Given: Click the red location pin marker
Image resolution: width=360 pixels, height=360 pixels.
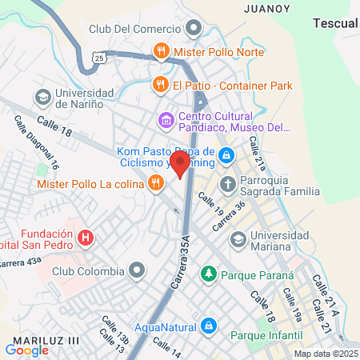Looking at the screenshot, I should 180,164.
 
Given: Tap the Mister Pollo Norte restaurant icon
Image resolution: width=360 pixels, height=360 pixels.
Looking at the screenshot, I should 162,51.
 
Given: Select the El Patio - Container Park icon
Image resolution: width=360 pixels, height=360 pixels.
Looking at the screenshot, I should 160,85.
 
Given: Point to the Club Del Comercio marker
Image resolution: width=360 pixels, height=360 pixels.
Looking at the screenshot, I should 193,30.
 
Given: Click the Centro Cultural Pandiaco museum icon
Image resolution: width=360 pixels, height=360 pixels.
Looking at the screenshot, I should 166,120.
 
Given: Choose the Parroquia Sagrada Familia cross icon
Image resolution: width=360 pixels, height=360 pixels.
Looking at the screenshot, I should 227,183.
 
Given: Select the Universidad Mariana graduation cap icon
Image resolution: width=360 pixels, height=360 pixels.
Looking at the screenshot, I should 238,239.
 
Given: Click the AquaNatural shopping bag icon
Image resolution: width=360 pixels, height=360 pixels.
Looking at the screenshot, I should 208,325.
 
